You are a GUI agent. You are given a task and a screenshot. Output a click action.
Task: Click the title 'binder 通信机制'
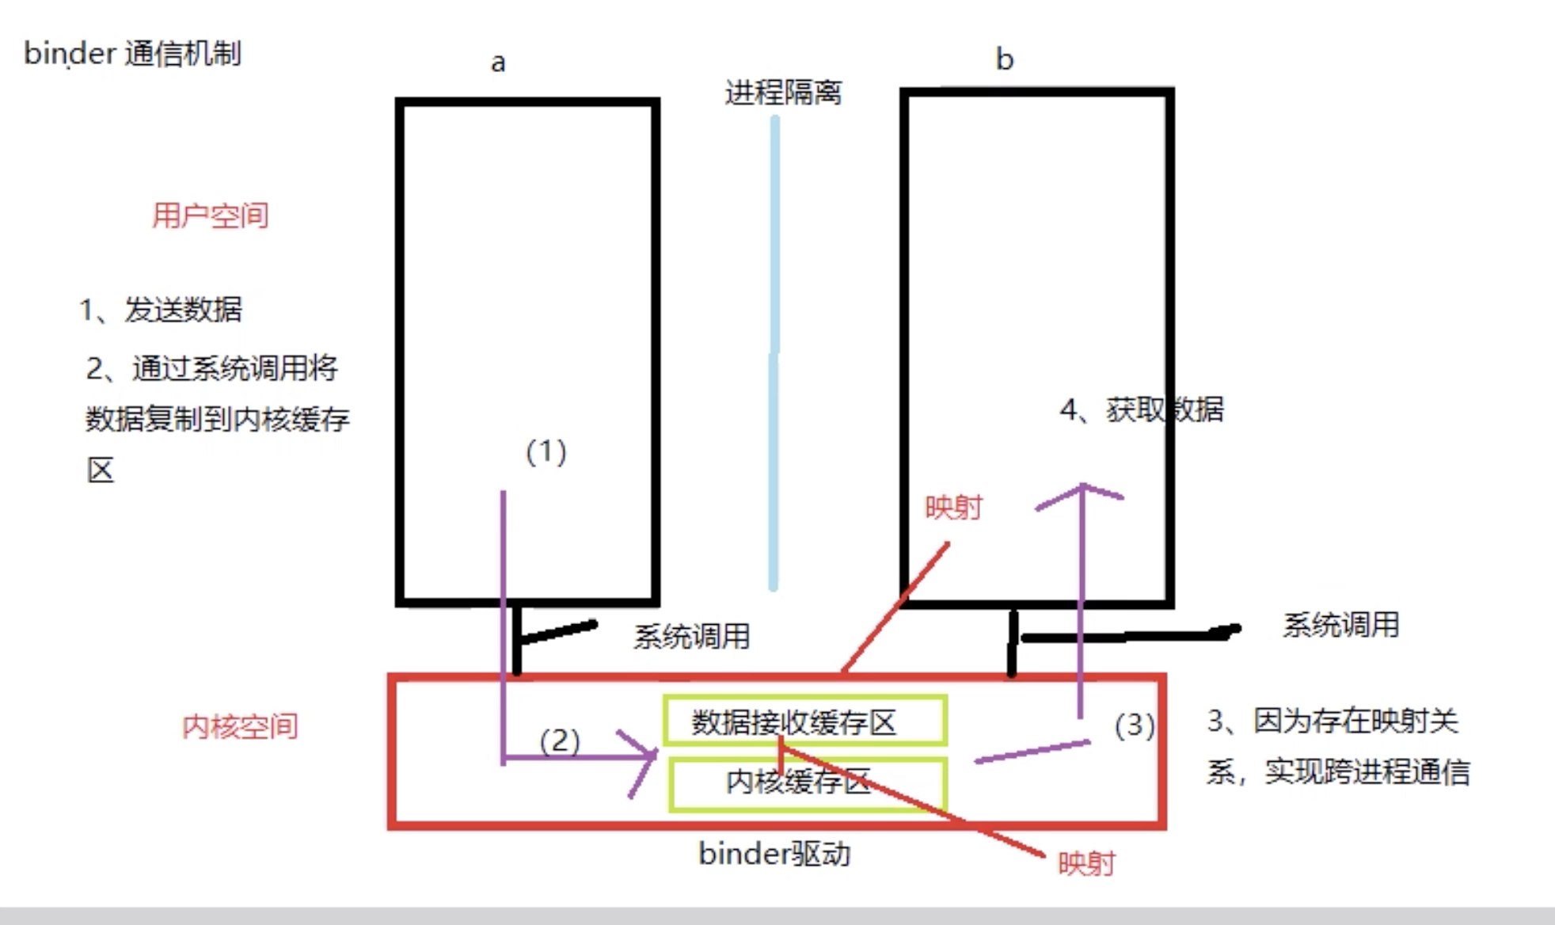pos(132,54)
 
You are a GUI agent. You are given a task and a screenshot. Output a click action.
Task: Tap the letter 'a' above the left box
pos(498,63)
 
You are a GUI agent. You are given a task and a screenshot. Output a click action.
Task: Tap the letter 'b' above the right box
pos(1005,59)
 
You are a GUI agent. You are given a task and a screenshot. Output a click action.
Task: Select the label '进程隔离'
pos(783,93)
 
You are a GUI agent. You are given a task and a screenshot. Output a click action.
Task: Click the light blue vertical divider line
pos(774,353)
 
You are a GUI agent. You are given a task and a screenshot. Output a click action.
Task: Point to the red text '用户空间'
pos(211,215)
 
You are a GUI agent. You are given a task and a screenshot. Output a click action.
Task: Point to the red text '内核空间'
pos(240,726)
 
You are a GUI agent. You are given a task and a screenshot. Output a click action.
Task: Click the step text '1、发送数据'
pos(161,310)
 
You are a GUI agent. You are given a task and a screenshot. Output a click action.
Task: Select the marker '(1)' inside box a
pos(546,452)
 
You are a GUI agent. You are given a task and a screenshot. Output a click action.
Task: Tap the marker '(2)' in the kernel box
pos(560,741)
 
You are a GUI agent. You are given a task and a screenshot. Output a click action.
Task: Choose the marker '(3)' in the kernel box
pos(1135,725)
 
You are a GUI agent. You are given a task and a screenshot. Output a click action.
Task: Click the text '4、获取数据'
pos(1142,409)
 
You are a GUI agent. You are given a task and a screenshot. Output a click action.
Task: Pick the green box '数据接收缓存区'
pos(806,721)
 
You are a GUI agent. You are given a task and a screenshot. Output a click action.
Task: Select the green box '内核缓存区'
pos(808,784)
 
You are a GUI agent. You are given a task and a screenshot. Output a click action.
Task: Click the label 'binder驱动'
pos(774,854)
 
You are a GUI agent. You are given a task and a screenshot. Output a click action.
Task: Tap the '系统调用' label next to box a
pos(691,637)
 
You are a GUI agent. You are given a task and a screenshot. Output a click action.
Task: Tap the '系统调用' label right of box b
pos(1341,625)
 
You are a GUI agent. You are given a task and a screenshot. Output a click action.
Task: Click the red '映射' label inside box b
pos(953,508)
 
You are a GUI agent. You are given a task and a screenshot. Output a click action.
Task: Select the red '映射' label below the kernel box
pos(1086,863)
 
